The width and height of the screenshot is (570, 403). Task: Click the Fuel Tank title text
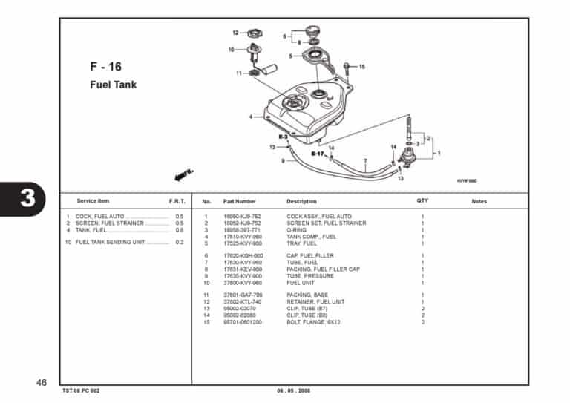[113, 85]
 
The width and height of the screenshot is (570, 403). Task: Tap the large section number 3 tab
[27, 199]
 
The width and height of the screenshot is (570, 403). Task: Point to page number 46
[42, 382]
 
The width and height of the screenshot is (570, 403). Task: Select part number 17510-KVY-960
[243, 237]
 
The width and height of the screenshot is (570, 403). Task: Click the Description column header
[301, 201]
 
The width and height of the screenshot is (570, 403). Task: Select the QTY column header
[422, 201]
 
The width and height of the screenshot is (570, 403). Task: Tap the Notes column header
[479, 201]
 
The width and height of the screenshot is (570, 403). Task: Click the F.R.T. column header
[177, 201]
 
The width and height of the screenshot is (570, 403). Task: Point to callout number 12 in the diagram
[235, 33]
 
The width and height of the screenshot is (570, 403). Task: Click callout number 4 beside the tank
[251, 117]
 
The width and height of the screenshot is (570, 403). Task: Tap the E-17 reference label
[318, 154]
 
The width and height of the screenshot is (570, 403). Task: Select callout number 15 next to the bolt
[361, 67]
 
